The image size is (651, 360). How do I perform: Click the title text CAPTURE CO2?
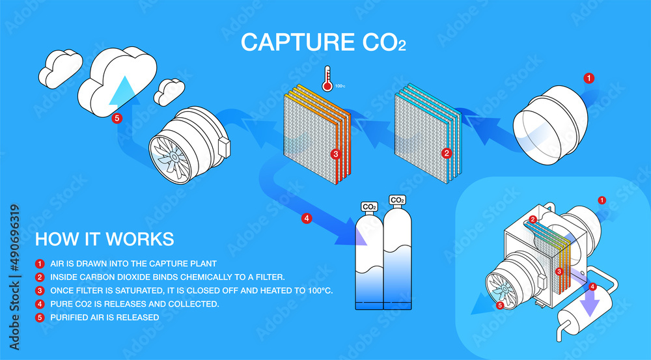click(x=324, y=42)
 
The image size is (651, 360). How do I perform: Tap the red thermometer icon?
click(x=327, y=79)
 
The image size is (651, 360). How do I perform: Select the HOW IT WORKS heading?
click(x=105, y=239)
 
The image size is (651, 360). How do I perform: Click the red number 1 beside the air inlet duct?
click(x=589, y=77)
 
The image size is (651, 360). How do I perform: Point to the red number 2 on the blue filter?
click(x=447, y=153)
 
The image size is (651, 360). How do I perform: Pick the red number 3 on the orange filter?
click(x=335, y=154)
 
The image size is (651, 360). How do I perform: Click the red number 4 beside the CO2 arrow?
click(x=307, y=218)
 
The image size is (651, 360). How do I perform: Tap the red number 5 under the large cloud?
click(x=117, y=118)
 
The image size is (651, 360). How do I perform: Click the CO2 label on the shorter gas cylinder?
click(x=369, y=207)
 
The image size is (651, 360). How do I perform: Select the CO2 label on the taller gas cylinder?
click(x=397, y=200)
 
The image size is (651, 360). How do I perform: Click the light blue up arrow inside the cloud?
click(x=123, y=91)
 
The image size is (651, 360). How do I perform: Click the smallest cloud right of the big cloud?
click(x=169, y=92)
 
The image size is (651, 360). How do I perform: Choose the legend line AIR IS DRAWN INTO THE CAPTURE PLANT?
click(x=133, y=264)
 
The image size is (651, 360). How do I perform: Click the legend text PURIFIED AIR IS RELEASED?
click(x=105, y=317)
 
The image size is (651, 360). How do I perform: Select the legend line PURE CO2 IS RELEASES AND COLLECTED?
click(x=135, y=304)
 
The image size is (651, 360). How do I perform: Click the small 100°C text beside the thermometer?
click(x=340, y=87)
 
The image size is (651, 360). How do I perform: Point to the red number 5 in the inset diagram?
click(x=500, y=305)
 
